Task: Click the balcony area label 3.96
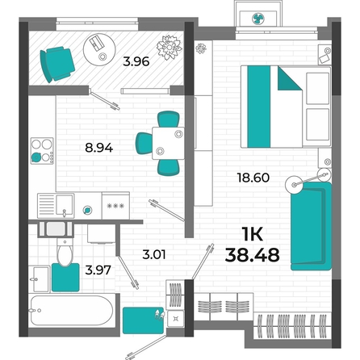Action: click(136, 61)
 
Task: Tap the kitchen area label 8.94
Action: click(98, 148)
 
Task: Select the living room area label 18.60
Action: click(253, 178)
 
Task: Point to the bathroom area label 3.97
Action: click(98, 270)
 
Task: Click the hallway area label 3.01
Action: click(154, 254)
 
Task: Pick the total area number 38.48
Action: click(252, 255)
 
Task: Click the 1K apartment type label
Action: click(252, 234)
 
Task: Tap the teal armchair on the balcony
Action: click(57, 65)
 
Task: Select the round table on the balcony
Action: click(99, 48)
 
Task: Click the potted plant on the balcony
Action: click(170, 48)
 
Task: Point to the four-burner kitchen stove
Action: click(42, 151)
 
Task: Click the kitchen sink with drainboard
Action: click(56, 206)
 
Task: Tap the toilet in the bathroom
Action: click(65, 252)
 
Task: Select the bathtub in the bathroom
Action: click(72, 311)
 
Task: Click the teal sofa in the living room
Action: click(311, 226)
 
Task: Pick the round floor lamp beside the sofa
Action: click(294, 184)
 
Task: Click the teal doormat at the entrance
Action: click(144, 320)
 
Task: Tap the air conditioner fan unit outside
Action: click(258, 19)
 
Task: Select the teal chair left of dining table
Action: click(144, 144)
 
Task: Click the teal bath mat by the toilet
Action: click(65, 278)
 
